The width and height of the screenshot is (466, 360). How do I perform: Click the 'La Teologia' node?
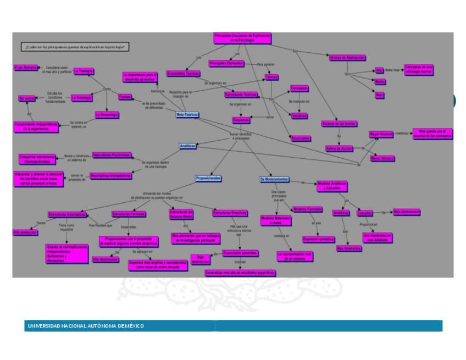(x=84, y=71)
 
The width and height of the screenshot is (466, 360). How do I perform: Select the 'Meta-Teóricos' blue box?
(x=187, y=115)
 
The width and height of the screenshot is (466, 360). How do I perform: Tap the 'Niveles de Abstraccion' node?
(x=347, y=57)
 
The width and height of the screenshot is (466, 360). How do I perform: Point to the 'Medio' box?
(x=380, y=82)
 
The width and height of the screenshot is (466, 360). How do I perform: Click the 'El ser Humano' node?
(x=26, y=68)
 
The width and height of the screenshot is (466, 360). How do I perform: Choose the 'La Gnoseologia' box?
(x=107, y=115)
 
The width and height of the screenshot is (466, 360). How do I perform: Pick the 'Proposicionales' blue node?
(x=208, y=179)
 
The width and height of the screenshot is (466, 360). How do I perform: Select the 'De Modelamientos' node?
(x=274, y=180)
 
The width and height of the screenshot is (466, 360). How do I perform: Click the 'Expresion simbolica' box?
(x=319, y=239)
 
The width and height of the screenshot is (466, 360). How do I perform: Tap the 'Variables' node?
(x=299, y=116)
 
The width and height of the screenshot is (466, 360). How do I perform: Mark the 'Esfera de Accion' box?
(x=339, y=148)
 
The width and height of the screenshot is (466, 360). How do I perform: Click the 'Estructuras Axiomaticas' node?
(x=66, y=214)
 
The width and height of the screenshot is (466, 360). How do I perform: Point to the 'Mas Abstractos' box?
(x=349, y=248)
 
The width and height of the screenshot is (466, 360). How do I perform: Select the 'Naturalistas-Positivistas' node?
(x=112, y=155)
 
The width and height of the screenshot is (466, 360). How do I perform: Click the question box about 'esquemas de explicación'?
(x=76, y=47)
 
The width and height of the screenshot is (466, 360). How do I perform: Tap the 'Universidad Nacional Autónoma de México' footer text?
(x=86, y=326)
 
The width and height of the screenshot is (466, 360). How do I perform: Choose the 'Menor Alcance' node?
(x=382, y=158)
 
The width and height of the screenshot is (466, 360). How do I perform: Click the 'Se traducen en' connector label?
(x=299, y=102)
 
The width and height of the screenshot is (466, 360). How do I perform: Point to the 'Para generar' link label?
(x=266, y=64)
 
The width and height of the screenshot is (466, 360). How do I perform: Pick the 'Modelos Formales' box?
(x=308, y=209)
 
